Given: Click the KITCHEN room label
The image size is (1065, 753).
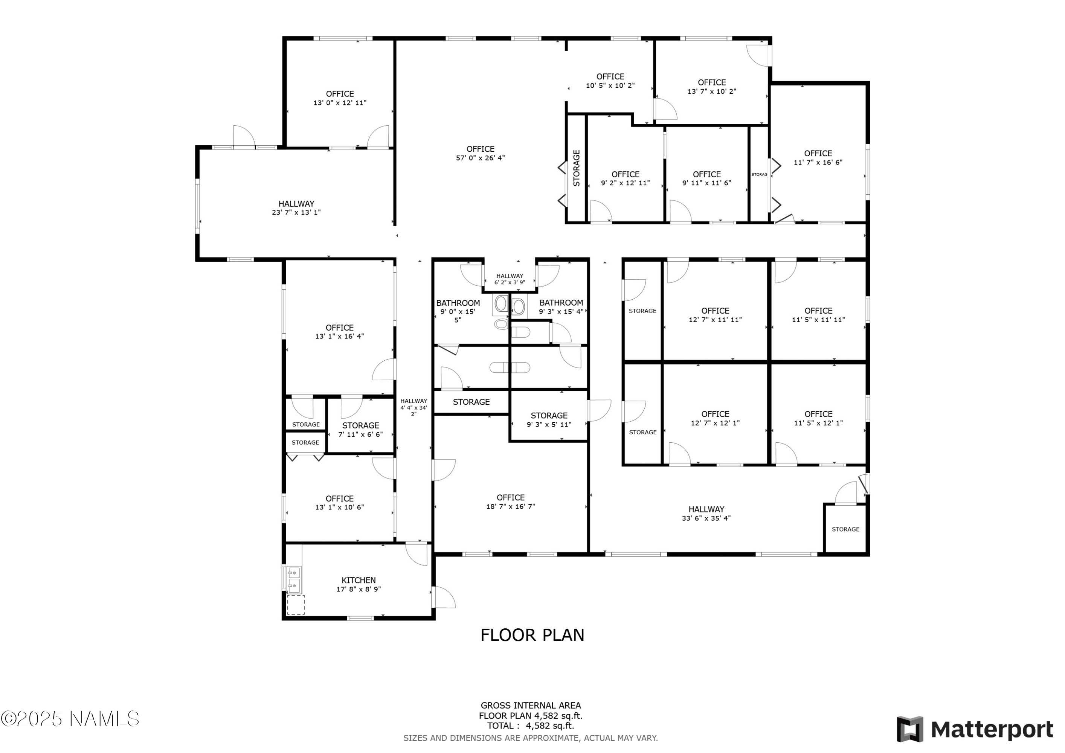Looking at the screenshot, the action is tap(359, 580).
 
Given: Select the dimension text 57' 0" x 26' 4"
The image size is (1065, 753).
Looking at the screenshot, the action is tap(480, 158).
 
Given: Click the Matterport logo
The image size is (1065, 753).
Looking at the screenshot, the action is tap(975, 729).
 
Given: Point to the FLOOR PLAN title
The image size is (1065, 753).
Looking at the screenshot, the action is tap(532, 635).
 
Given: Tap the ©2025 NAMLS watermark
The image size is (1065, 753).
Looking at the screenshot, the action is tap(70, 719).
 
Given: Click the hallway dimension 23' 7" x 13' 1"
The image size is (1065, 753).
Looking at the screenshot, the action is tap(296, 213).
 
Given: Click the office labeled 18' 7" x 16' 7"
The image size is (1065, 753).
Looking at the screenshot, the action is tap(510, 502).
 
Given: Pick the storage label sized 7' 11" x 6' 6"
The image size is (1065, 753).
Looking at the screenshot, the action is tap(360, 430).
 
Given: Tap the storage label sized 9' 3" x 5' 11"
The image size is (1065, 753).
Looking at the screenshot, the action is tap(549, 420).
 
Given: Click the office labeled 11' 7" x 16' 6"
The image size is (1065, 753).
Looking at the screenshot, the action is tap(818, 158).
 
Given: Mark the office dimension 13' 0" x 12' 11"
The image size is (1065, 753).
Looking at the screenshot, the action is tap(340, 103).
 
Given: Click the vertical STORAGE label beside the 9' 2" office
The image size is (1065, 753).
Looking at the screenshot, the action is tap(577, 168).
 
